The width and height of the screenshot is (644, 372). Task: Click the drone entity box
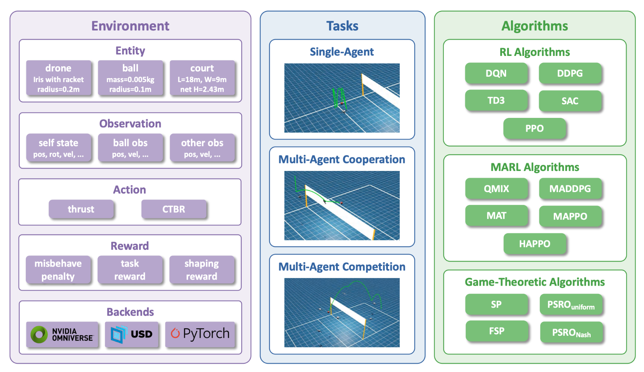click(x=58, y=78)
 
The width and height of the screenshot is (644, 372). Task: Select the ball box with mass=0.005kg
click(x=130, y=78)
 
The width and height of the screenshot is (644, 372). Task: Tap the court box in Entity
click(x=202, y=78)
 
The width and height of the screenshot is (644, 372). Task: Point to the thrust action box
click(x=81, y=209)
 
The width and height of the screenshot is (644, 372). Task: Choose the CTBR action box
click(x=174, y=209)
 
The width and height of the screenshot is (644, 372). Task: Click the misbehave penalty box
click(x=58, y=270)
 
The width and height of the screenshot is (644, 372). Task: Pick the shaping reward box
click(x=202, y=270)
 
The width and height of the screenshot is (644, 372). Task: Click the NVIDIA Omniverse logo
click(x=62, y=334)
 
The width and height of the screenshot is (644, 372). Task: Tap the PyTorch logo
click(x=200, y=334)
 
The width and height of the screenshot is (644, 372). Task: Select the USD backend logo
click(x=132, y=334)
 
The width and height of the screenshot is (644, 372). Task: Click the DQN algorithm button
click(x=496, y=73)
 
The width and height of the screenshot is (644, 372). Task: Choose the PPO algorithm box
click(x=534, y=128)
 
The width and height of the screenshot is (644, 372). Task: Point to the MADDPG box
click(x=570, y=189)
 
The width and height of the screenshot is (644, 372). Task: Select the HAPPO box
click(x=535, y=244)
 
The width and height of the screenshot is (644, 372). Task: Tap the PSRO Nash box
click(x=571, y=333)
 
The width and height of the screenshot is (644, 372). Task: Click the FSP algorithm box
click(x=496, y=331)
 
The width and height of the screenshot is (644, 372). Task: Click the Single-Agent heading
click(x=342, y=52)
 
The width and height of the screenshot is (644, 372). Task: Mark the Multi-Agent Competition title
click(x=342, y=267)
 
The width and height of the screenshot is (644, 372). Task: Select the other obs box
click(x=202, y=148)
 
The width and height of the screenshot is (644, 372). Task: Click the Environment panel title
click(x=130, y=26)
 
